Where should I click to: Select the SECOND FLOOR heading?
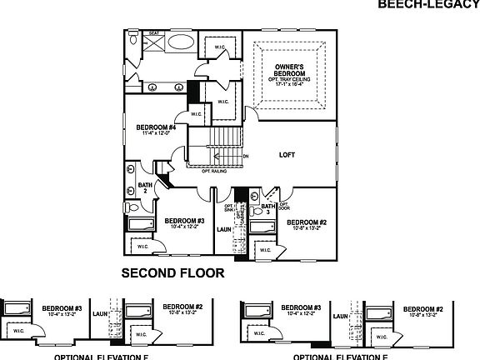tap(172, 272)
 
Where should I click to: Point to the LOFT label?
tap(287, 155)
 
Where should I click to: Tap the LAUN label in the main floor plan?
tap(223, 228)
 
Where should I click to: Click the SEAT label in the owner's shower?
tap(154, 33)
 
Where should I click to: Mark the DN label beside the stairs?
tap(245, 156)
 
